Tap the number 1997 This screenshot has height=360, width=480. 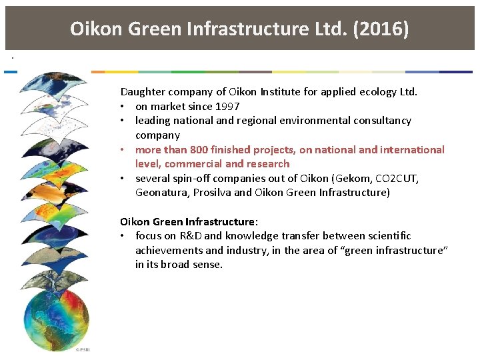[225, 106]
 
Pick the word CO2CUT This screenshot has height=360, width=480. [396, 178]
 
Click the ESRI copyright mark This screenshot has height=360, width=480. [82, 349]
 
